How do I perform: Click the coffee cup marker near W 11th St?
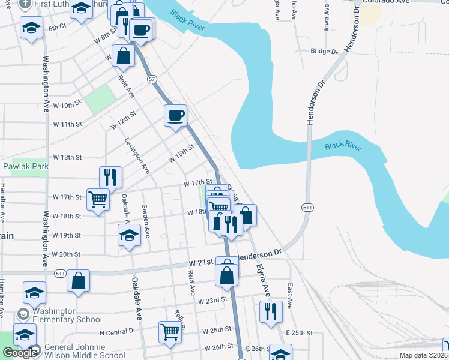(175, 115)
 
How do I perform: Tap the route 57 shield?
(152, 79)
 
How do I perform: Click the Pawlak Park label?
(25, 166)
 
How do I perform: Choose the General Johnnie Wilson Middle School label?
(81, 352)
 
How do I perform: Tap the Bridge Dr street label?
(325, 52)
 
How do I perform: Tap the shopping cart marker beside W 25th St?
(170, 331)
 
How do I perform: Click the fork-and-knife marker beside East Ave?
(271, 311)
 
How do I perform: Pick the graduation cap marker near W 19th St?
(129, 235)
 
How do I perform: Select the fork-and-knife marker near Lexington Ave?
(110, 177)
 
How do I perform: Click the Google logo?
(19, 353)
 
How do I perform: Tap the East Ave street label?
(290, 296)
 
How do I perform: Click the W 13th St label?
(67, 157)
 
